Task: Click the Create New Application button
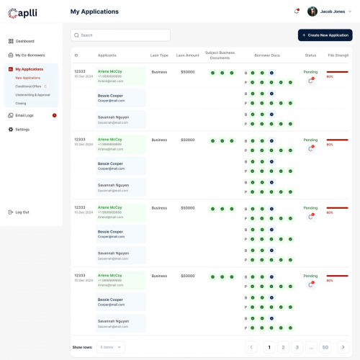(325, 35)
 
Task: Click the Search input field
(121, 35)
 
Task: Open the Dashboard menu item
(24, 41)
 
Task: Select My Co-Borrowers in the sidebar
(30, 55)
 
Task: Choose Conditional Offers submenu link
(28, 86)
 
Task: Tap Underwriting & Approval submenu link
(32, 94)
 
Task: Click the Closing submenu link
(21, 103)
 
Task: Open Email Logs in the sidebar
(24, 115)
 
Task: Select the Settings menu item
(22, 129)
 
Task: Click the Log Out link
(22, 212)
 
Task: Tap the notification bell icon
(297, 12)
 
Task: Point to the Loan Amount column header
(187, 55)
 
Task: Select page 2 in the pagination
(283, 347)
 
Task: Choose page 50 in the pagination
(325, 347)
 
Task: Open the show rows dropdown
(111, 347)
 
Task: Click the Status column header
(310, 55)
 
